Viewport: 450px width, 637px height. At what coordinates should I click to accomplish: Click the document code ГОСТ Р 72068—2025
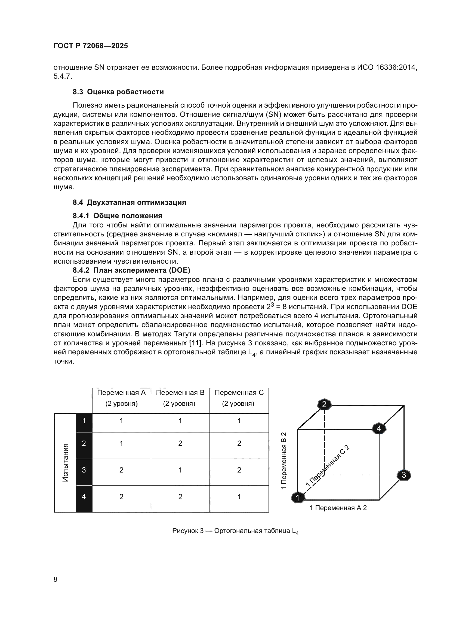[91, 46]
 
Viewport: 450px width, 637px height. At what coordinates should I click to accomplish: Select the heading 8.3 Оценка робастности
[118, 92]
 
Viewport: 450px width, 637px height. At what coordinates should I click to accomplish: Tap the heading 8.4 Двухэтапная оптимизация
[130, 202]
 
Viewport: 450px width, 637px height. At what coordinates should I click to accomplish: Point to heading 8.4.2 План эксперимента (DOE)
[131, 270]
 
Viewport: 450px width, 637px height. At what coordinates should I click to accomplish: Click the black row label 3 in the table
[84, 470]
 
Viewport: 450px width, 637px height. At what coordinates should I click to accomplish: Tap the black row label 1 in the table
[84, 421]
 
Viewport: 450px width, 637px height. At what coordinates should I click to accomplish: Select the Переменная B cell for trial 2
[180, 443]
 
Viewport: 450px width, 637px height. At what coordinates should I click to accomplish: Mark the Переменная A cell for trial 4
[121, 497]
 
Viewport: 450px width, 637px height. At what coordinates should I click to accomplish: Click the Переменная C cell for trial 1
[239, 421]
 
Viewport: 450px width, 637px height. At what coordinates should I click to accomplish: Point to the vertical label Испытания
[65, 462]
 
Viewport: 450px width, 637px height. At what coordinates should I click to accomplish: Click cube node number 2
[324, 405]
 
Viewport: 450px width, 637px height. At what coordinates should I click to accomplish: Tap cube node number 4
[378, 429]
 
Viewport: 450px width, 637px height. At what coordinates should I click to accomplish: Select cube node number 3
[404, 475]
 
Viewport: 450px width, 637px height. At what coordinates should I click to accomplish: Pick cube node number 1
[298, 498]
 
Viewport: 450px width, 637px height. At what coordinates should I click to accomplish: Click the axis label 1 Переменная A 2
[338, 508]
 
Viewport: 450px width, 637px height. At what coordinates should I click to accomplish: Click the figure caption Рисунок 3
[235, 531]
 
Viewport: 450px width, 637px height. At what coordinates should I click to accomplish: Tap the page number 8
[56, 579]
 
